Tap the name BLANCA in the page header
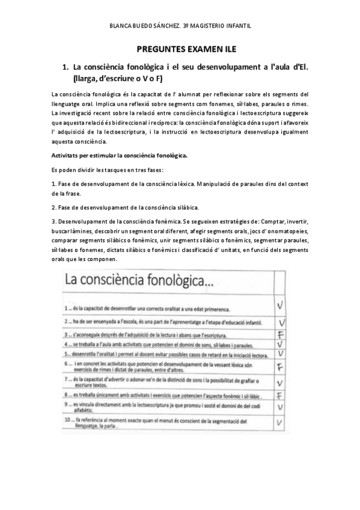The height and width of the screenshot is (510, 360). pos(123,26)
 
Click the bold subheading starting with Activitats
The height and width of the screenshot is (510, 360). pos(119,155)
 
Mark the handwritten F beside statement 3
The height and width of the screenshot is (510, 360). pos(280,334)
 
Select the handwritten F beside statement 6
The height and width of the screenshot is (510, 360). pos(280,367)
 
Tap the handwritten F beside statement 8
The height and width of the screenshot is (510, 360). pos(280,395)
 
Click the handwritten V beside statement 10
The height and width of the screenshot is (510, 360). pos(280,423)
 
